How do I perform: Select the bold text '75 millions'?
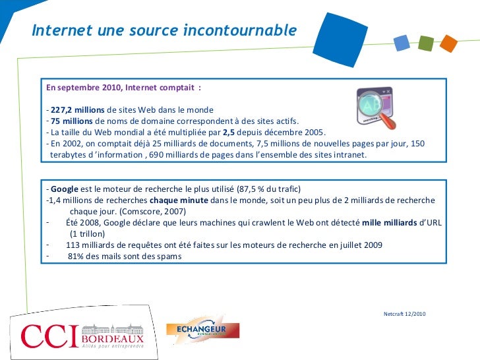coord(72,121)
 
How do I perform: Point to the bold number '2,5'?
coord(230,133)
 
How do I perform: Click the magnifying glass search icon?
coord(376,108)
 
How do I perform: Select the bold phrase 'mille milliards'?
coord(390,222)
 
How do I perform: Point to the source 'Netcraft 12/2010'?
coord(404,313)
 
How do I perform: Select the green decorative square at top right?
coord(425,44)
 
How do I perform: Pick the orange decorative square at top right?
coord(448,44)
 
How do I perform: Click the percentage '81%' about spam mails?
coord(76,256)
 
